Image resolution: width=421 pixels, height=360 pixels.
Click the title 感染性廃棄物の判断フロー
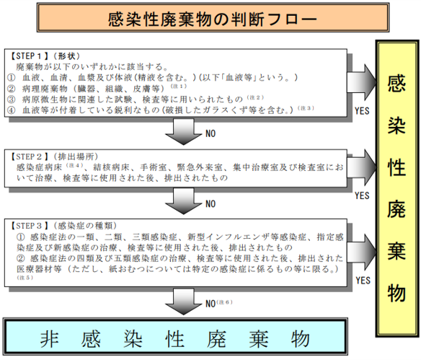[x=213, y=19]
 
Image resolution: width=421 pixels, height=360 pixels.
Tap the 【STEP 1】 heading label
[x=29, y=56]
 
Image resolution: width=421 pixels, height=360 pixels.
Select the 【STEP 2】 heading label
[x=29, y=157]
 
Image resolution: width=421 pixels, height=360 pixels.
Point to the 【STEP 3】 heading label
[x=29, y=226]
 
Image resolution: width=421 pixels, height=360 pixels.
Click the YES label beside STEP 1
[x=362, y=110]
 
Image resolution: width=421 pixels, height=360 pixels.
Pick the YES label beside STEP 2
[x=362, y=196]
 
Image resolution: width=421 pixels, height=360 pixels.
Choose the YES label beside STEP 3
[x=363, y=281]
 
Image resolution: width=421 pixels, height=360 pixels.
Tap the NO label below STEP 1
[x=211, y=133]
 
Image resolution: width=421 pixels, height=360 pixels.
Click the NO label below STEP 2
[x=211, y=204]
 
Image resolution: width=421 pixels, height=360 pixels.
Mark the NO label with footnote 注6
[x=211, y=304]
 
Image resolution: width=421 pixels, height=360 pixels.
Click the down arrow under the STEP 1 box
[x=183, y=131]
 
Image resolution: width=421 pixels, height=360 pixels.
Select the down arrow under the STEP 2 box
[x=183, y=201]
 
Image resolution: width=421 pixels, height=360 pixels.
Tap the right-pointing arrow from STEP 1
[x=362, y=82]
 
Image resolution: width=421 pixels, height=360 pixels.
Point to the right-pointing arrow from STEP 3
[x=362, y=252]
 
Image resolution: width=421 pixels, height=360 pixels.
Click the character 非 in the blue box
[x=50, y=339]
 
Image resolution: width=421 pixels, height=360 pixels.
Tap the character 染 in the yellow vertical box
[x=396, y=126]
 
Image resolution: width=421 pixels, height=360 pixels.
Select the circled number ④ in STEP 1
[x=11, y=110]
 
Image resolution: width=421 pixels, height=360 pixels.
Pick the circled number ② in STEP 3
[x=20, y=258]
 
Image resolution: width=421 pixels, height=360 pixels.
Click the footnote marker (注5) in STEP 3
[x=25, y=278]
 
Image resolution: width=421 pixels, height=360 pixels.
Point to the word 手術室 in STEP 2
[x=153, y=167]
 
